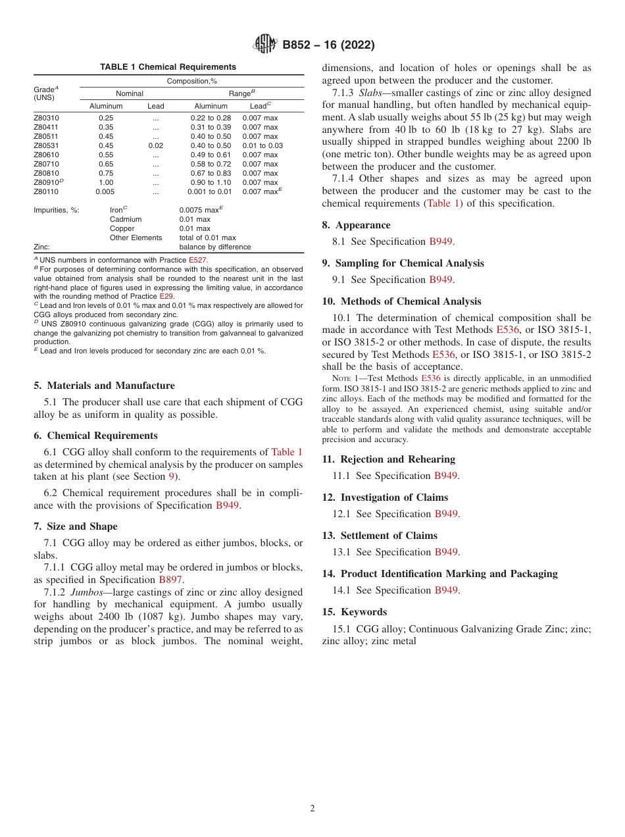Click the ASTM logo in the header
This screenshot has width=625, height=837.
pyautogui.click(x=265, y=45)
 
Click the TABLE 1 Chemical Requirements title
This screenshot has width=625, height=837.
pyautogui.click(x=168, y=67)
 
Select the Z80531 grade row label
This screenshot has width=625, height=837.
pyautogui.click(x=46, y=145)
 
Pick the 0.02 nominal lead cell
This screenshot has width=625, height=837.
pyautogui.click(x=155, y=145)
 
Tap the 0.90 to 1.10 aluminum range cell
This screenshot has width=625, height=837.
pyautogui.click(x=211, y=182)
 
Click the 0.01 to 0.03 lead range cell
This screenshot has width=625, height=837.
pyautogui.click(x=262, y=145)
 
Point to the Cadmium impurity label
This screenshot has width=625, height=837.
pyautogui.click(x=125, y=219)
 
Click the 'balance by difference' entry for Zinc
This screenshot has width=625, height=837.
pyautogui.click(x=214, y=247)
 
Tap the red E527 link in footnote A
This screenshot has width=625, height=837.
pyautogui.click(x=197, y=260)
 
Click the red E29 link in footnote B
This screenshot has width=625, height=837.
pyautogui.click(x=166, y=296)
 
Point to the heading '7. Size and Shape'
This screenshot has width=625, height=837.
pyautogui.click(x=76, y=526)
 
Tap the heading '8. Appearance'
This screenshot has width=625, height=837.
pyautogui.click(x=356, y=225)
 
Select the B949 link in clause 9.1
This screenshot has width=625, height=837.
pyautogui.click(x=441, y=280)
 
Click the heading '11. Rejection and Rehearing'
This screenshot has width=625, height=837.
pyautogui.click(x=388, y=459)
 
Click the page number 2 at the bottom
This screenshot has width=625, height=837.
pyautogui.click(x=312, y=809)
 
